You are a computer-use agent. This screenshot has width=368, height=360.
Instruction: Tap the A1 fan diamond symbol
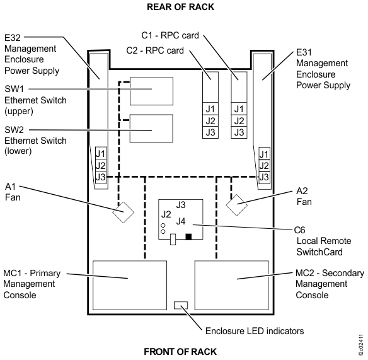[x=122, y=212]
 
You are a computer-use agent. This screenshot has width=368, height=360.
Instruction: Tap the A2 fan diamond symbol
[x=237, y=206]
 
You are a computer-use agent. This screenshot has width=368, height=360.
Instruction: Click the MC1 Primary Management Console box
[x=129, y=278]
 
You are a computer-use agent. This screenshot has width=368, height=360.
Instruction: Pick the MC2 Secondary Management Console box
[x=232, y=278]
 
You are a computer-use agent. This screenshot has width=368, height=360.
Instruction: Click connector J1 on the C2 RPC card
[x=210, y=109]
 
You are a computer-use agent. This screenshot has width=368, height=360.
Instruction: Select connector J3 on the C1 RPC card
[x=238, y=132]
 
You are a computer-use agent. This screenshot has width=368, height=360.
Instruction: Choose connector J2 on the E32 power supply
[x=100, y=165]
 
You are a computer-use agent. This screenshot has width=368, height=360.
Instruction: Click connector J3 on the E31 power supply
[x=264, y=177]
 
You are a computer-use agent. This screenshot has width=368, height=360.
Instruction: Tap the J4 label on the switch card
[x=181, y=221]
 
